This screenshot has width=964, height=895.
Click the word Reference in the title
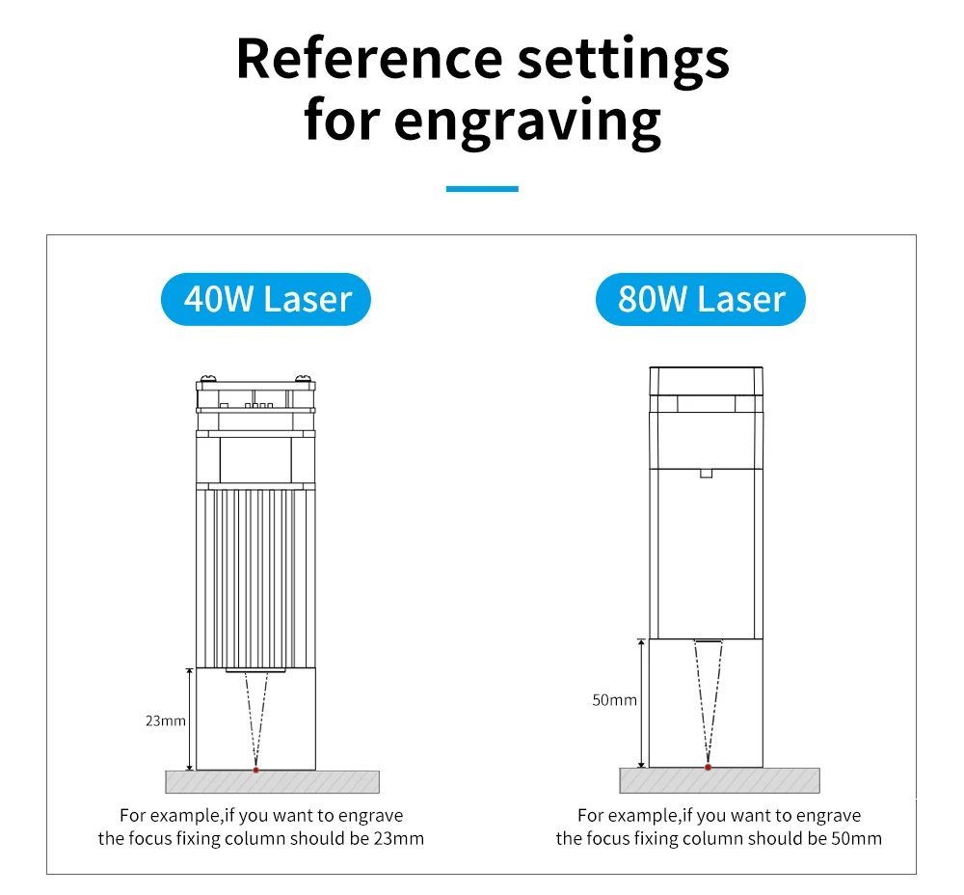point(368,58)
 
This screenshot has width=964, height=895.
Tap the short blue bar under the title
point(482,189)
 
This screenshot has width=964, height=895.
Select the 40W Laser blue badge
point(266,299)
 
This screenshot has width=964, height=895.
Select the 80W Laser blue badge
point(700,299)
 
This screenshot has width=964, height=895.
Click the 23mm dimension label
point(167,719)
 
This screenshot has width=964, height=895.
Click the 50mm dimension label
point(614,700)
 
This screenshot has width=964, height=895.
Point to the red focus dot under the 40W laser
point(255,770)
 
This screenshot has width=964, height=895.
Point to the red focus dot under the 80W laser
point(708,768)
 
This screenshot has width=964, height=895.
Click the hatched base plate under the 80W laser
point(771,780)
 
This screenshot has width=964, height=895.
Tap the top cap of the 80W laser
point(706,379)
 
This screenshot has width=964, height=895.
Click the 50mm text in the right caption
point(856,838)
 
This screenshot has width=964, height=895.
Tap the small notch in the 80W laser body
point(706,474)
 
